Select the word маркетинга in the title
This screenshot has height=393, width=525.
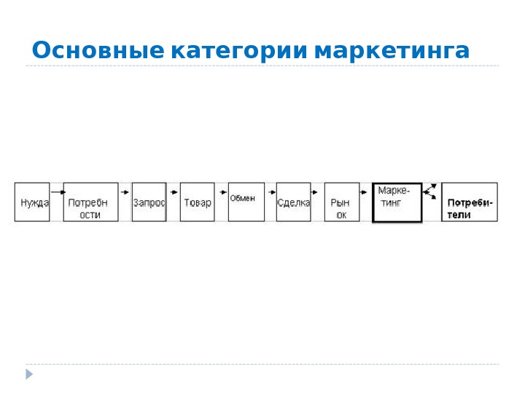(392, 51)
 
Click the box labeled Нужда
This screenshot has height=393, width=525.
(32, 202)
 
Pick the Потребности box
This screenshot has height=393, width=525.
(90, 202)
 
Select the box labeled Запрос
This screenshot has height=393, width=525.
(149, 202)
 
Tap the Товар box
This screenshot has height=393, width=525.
(197, 202)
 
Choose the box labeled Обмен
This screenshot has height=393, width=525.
(246, 202)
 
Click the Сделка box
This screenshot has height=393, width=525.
(294, 202)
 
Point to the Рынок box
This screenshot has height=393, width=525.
(342, 202)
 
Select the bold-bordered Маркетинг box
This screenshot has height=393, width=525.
(397, 202)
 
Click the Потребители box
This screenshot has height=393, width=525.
(470, 202)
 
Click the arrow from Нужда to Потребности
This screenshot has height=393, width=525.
(57, 192)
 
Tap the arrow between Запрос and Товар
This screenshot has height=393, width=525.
(173, 192)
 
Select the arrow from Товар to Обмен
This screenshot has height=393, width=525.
(221, 192)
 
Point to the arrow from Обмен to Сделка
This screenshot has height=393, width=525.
(270, 192)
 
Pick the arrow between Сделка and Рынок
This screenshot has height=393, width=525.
(317, 192)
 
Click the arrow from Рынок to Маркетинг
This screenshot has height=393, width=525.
(365, 192)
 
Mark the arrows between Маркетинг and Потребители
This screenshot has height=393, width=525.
(431, 191)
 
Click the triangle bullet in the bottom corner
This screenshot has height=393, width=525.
(30, 374)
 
